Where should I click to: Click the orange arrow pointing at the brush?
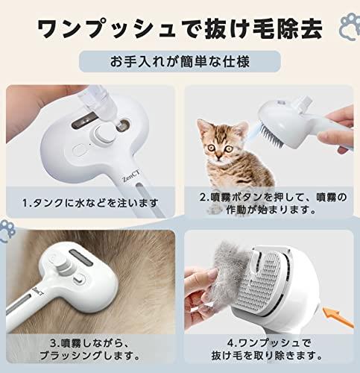(x=338, y=317)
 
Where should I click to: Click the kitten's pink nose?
(x=219, y=157)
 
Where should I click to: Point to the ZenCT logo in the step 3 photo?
(x=37, y=291)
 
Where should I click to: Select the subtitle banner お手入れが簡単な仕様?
(x=180, y=61)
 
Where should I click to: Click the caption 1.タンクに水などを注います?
(x=90, y=203)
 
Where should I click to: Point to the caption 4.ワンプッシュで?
(x=269, y=343)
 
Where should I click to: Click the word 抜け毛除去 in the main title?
(x=262, y=28)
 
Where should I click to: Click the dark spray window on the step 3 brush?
(x=81, y=257)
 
